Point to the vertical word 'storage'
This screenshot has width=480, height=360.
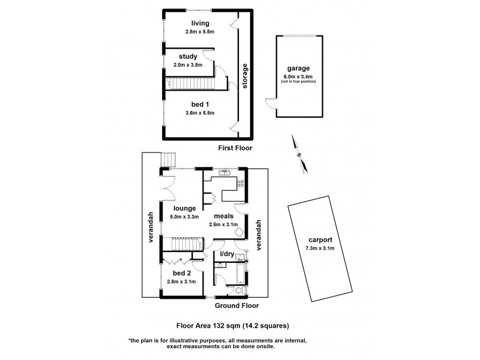245,76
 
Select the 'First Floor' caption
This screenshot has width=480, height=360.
236,148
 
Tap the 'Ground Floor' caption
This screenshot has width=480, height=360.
237,305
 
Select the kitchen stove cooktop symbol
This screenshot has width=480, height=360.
241,184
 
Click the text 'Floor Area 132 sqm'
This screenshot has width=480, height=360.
208,326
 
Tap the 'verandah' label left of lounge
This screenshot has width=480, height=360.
152,227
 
